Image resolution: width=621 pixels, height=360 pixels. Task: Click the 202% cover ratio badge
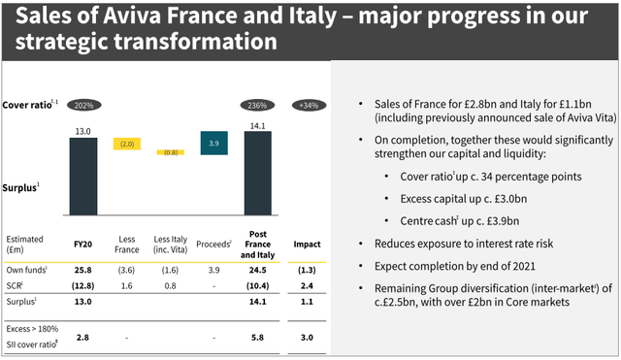83,105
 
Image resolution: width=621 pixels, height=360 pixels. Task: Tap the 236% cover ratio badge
258,105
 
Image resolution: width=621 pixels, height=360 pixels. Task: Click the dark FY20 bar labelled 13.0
83,175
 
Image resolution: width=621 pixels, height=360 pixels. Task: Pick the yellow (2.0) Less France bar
127,144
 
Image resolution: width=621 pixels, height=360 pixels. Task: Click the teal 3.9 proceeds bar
214,142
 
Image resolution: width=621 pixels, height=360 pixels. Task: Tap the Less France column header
127,244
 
